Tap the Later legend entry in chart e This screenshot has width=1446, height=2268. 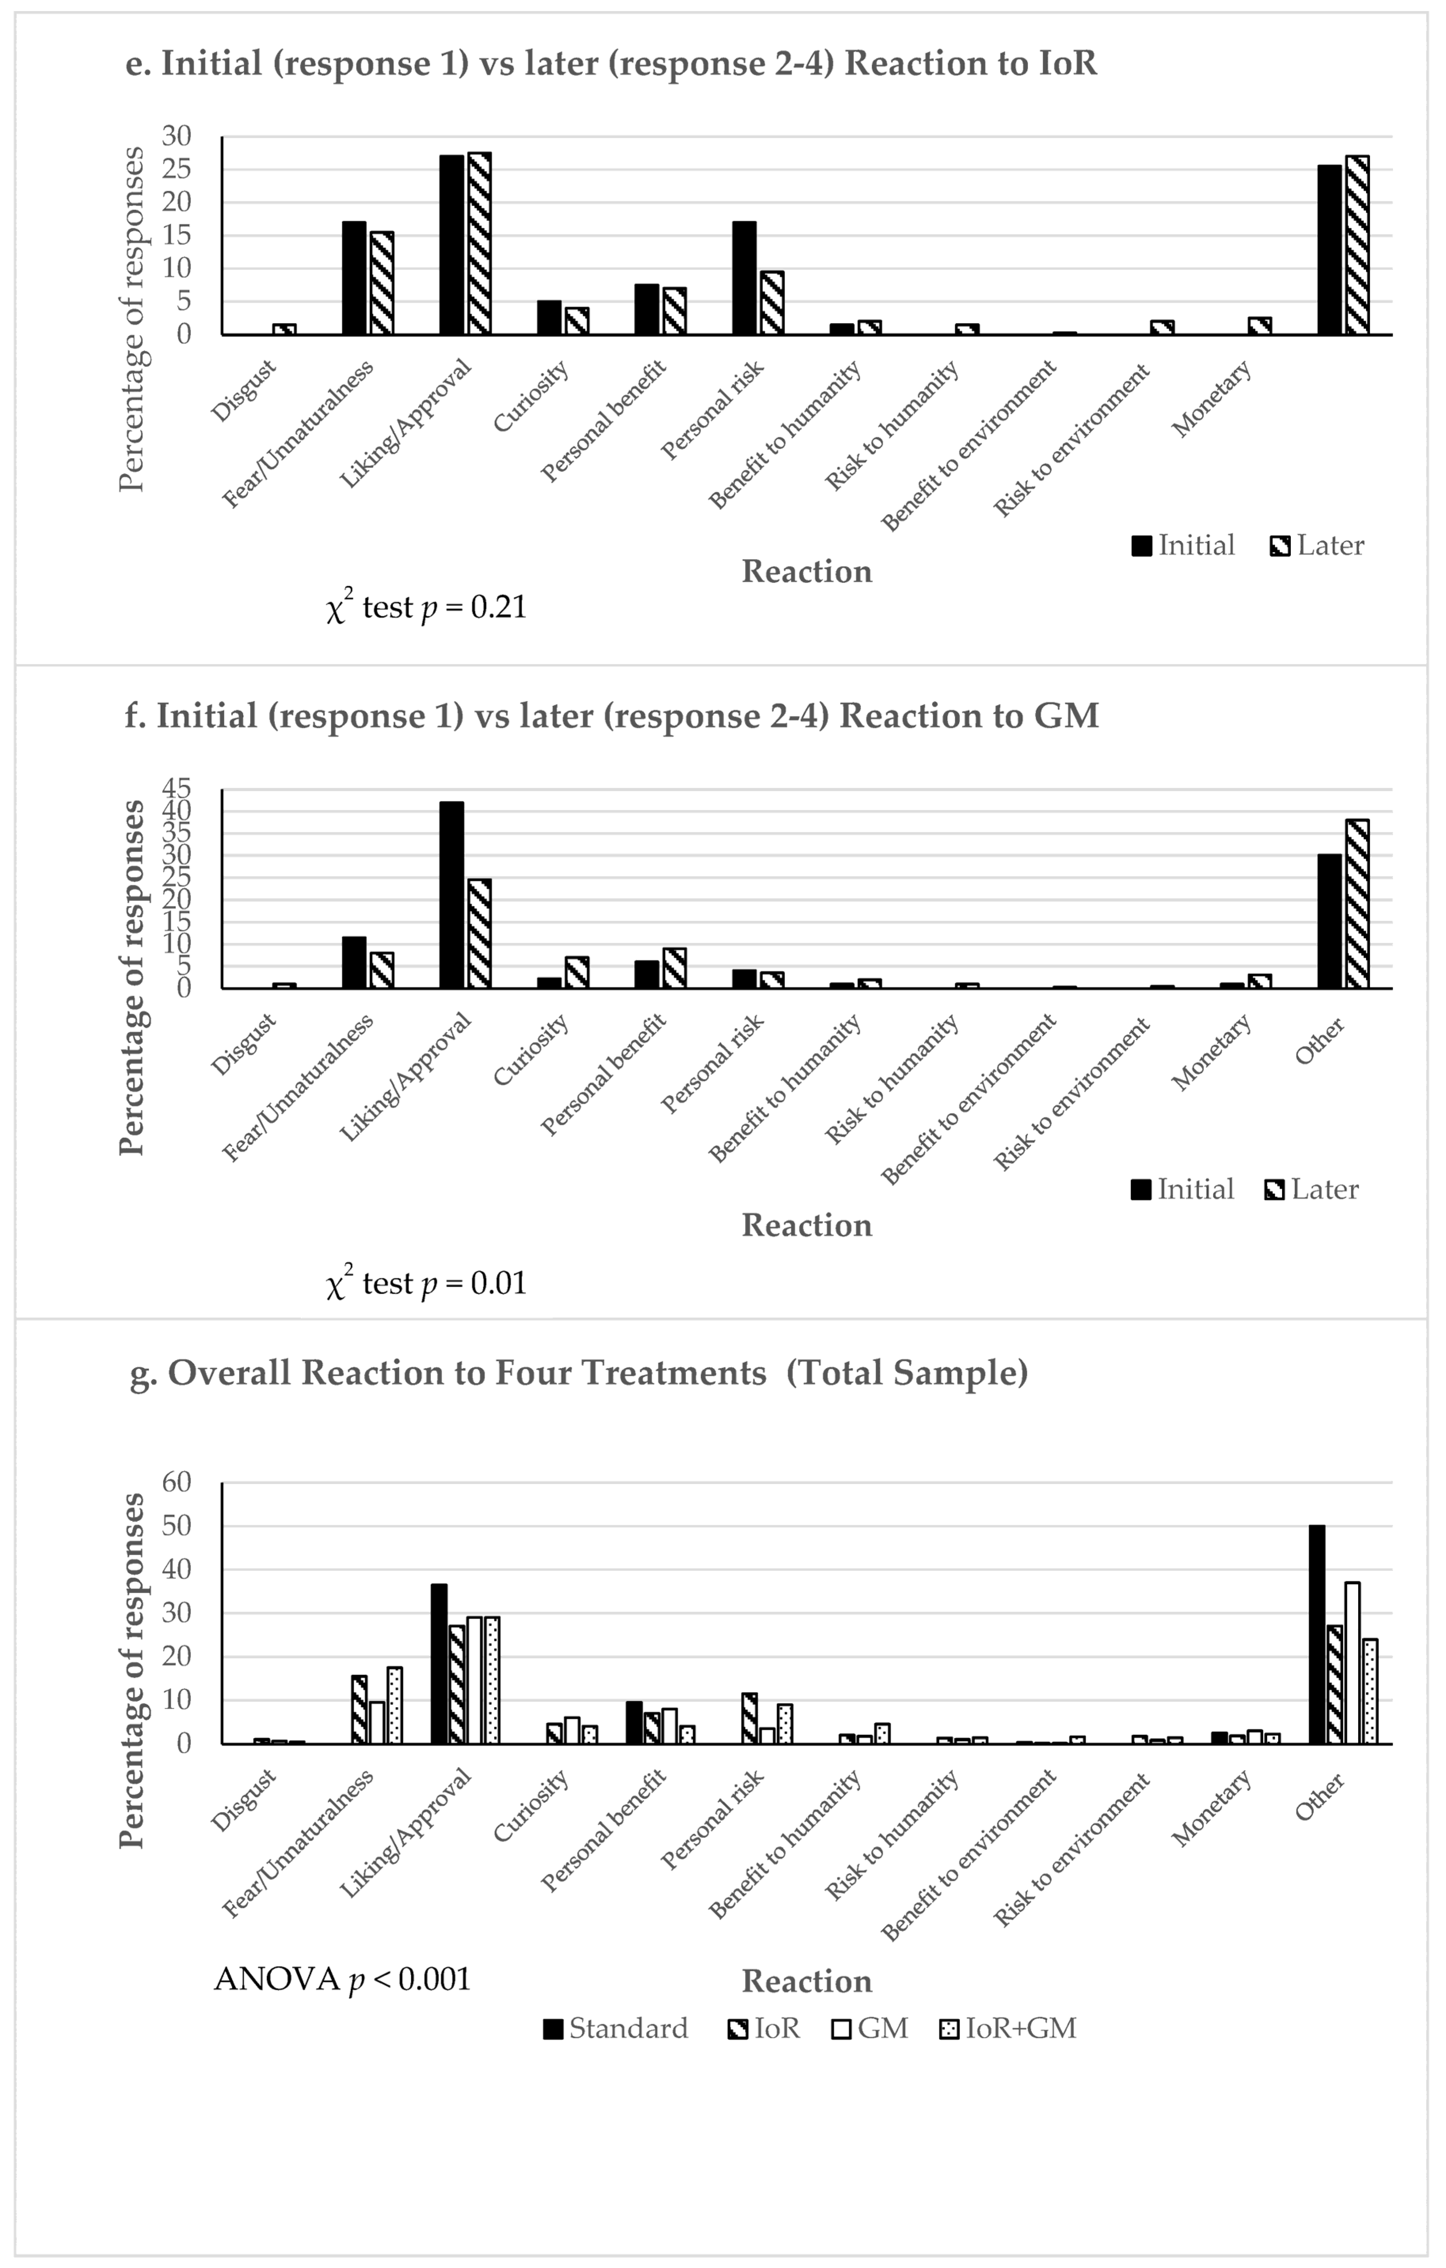click(1317, 545)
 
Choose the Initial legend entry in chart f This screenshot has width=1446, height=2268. click(1183, 1190)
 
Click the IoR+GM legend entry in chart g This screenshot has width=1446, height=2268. click(1008, 2028)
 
